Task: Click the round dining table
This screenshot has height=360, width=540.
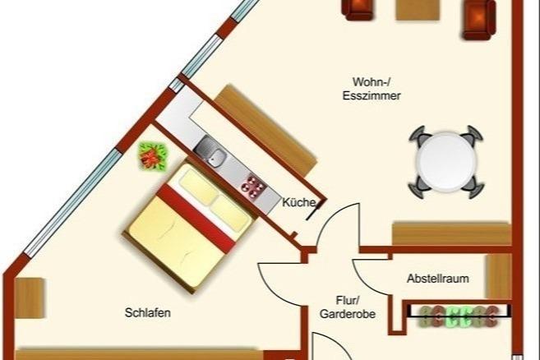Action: click(x=445, y=159)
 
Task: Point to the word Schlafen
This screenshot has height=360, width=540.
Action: click(x=148, y=313)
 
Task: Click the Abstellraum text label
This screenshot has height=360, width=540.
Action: click(x=437, y=279)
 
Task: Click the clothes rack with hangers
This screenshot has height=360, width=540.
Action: click(x=459, y=314)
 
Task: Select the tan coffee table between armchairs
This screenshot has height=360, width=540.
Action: click(x=418, y=8)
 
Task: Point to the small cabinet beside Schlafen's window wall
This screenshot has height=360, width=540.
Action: click(x=29, y=297)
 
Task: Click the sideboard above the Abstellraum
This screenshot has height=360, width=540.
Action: click(x=450, y=233)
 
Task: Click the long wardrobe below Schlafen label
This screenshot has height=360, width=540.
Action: click(x=140, y=354)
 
